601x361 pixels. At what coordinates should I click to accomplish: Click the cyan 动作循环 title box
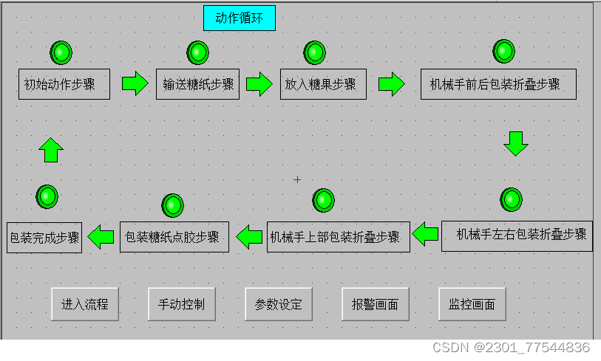[239, 18]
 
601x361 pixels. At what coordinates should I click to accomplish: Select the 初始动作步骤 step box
[64, 84]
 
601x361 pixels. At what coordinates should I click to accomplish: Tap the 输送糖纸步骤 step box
[197, 84]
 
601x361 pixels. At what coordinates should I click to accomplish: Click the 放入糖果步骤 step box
[323, 84]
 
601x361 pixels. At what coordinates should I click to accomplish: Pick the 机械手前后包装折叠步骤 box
[498, 84]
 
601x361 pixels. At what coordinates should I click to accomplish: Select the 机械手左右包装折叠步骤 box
[517, 235]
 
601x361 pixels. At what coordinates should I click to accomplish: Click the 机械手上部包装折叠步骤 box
[338, 237]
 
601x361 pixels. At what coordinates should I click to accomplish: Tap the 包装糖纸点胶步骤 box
[174, 237]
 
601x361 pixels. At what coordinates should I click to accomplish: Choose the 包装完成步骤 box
[44, 238]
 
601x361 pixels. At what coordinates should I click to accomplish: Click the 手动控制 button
[182, 304]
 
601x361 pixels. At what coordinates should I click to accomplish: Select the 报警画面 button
[375, 304]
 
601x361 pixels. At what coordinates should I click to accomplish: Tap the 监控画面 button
[472, 304]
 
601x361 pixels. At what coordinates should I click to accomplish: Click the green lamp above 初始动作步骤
[61, 52]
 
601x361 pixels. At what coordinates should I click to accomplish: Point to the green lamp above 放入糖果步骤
[315, 52]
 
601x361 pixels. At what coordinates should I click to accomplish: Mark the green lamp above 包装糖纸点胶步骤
[172, 205]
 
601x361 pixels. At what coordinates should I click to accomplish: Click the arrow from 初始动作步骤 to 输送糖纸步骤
[135, 83]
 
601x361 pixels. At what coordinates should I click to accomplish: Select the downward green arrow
[516, 143]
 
